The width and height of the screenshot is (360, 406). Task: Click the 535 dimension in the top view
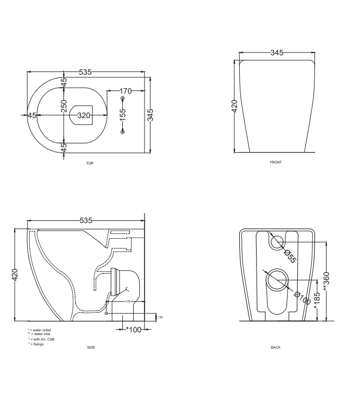[86, 72]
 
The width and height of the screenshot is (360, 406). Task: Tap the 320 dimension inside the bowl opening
[84, 115]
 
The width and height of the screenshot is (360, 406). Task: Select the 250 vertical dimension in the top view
[64, 106]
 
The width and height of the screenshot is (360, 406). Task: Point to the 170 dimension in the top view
[126, 91]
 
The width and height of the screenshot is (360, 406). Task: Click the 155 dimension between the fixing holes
[123, 114]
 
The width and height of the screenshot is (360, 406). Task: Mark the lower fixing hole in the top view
[122, 132]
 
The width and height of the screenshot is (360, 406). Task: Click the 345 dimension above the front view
[277, 53]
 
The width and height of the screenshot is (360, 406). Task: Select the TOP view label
[90, 163]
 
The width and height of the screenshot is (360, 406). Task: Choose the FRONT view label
[276, 162]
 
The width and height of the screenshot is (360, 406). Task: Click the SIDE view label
[91, 348]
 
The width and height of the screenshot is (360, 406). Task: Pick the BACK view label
[276, 348]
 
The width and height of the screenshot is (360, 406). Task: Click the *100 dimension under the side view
[133, 329]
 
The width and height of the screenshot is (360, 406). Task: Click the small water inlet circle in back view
[277, 241]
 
